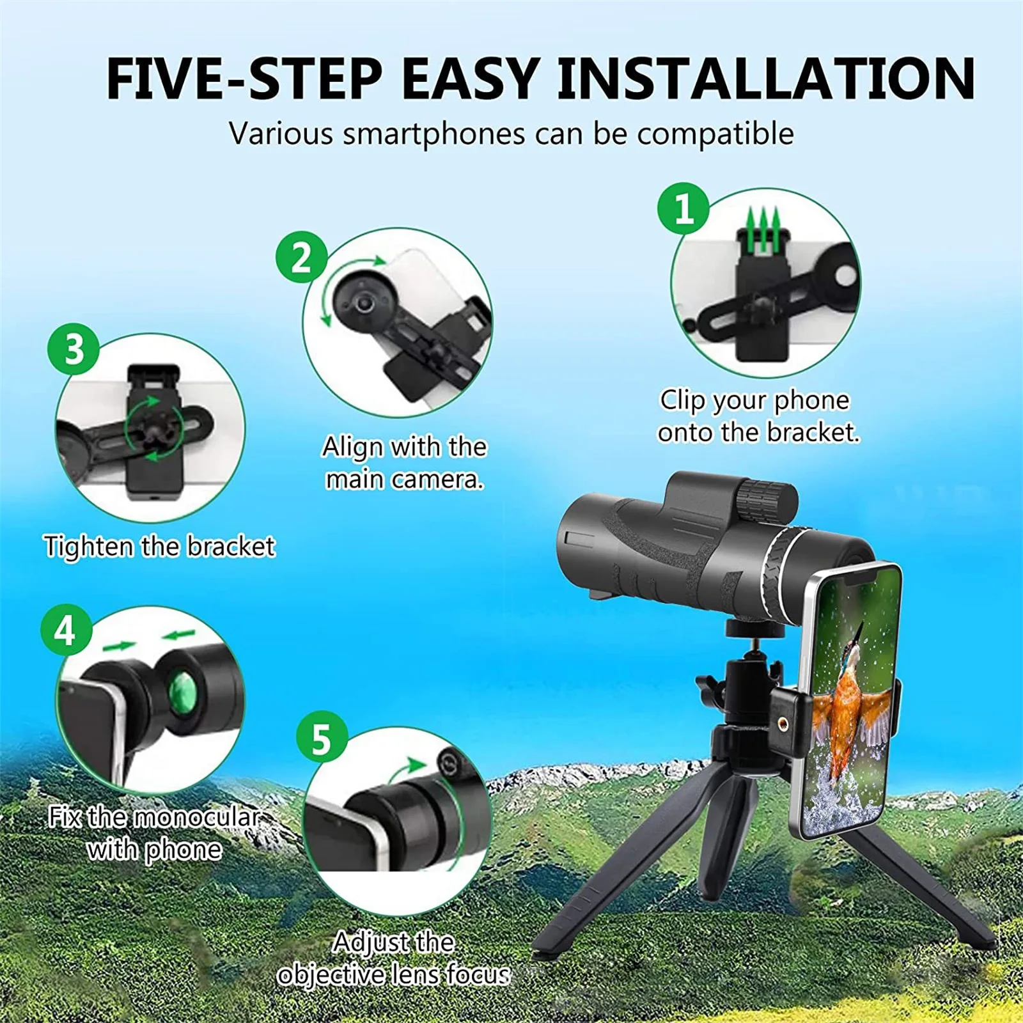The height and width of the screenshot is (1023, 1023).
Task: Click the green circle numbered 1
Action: pyautogui.click(x=683, y=208)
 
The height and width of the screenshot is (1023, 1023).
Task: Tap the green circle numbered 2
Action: pyautogui.click(x=301, y=257)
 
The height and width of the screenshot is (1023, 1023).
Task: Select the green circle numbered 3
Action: pyautogui.click(x=74, y=349)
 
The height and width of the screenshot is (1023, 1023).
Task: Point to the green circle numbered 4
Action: pyautogui.click(x=66, y=630)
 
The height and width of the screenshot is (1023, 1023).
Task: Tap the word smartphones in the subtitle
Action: pyautogui.click(x=433, y=134)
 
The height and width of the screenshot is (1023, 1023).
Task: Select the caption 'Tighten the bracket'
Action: pyautogui.click(x=159, y=547)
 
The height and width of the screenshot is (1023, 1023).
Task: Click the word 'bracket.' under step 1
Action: pyautogui.click(x=813, y=433)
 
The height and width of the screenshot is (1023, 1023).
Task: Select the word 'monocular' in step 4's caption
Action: pyautogui.click(x=196, y=817)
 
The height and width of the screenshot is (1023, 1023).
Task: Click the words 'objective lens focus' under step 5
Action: pyautogui.click(x=393, y=974)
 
